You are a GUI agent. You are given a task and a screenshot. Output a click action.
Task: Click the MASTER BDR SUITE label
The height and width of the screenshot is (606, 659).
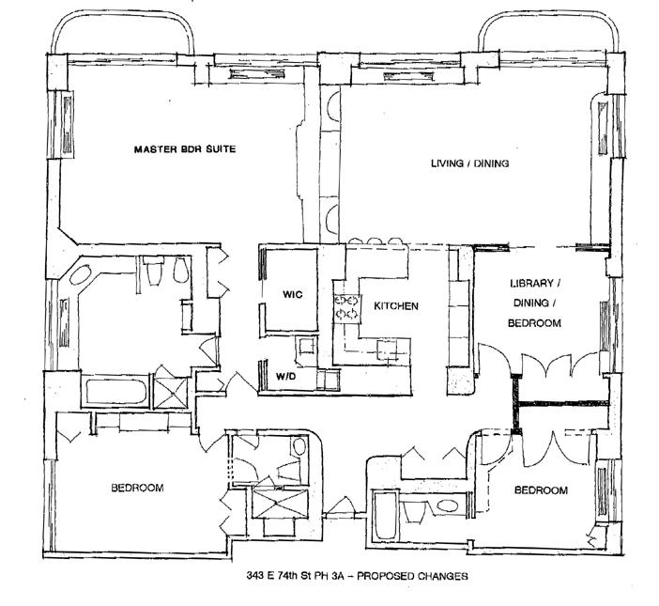pyautogui.click(x=185, y=149)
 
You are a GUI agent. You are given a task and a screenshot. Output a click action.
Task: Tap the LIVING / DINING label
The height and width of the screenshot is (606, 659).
pyautogui.click(x=470, y=163)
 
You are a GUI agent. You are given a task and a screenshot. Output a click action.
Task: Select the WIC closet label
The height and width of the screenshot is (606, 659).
pyautogui.click(x=292, y=294)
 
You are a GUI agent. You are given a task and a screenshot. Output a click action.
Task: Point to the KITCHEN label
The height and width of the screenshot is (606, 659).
pyautogui.click(x=396, y=305)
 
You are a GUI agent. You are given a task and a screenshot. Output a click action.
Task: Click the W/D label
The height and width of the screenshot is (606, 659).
pyautogui.click(x=285, y=376)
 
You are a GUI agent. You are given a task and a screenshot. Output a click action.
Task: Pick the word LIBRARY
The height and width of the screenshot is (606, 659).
pyautogui.click(x=531, y=284)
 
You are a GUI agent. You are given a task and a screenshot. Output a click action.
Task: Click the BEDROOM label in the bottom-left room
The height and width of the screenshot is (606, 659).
pyautogui.click(x=137, y=488)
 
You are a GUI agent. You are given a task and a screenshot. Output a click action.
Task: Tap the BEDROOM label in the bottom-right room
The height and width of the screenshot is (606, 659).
pyautogui.click(x=541, y=490)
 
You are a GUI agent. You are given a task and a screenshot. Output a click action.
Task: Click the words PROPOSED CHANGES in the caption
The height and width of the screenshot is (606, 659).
pyautogui.click(x=412, y=576)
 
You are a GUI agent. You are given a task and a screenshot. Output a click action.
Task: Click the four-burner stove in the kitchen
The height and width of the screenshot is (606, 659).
pyautogui.click(x=346, y=307)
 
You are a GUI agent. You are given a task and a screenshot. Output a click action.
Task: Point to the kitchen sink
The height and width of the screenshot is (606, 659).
pyautogui.click(x=388, y=350)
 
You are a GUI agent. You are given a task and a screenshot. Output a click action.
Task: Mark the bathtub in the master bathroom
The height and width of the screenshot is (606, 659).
pyautogui.click(x=116, y=392)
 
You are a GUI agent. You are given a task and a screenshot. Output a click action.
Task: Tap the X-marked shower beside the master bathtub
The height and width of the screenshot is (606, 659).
pyautogui.click(x=170, y=393)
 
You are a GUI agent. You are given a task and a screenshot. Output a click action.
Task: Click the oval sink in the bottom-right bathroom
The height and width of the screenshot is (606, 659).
pyautogui.click(x=448, y=505)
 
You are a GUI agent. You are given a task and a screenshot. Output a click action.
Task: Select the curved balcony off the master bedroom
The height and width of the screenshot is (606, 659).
pyautogui.click(x=122, y=33)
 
